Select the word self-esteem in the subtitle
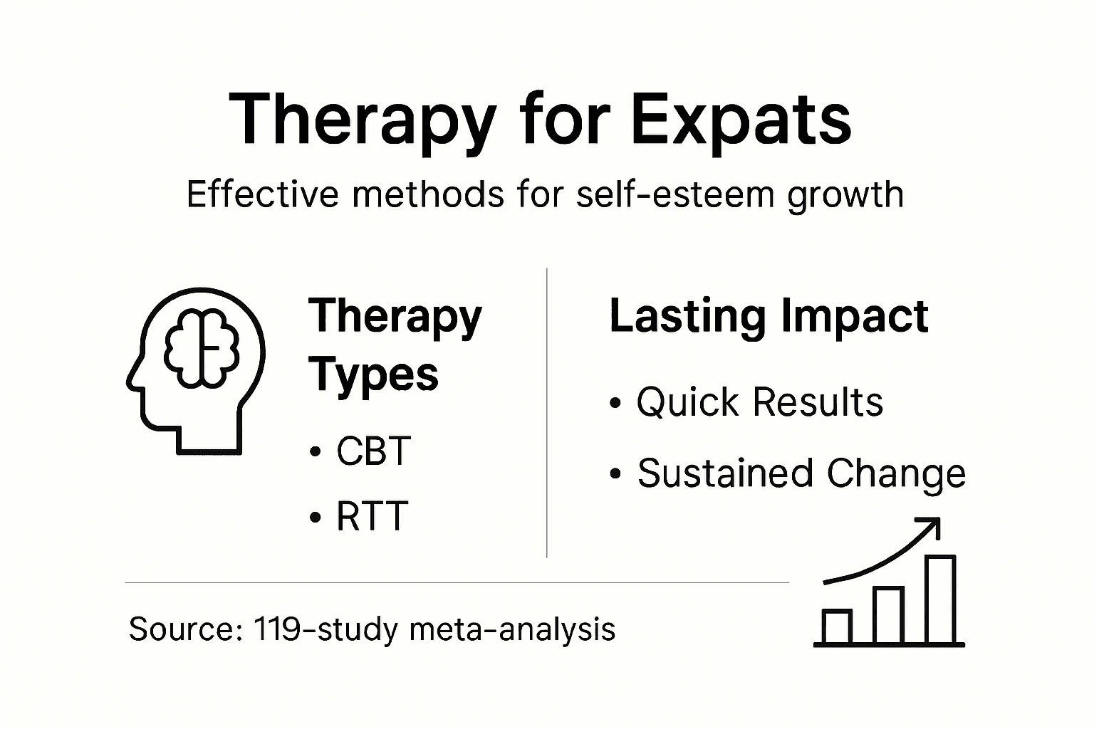pyautogui.click(x=674, y=194)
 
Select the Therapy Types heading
pyautogui.click(x=395, y=345)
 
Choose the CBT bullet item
pyautogui.click(x=373, y=451)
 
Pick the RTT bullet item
pyautogui.click(x=371, y=515)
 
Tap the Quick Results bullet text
pyautogui.click(x=759, y=402)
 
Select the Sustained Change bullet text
pyautogui.click(x=801, y=473)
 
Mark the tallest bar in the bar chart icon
pyautogui.click(x=940, y=599)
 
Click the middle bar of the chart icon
pyautogui.click(x=888, y=615)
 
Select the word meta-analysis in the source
pyautogui.click(x=513, y=629)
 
